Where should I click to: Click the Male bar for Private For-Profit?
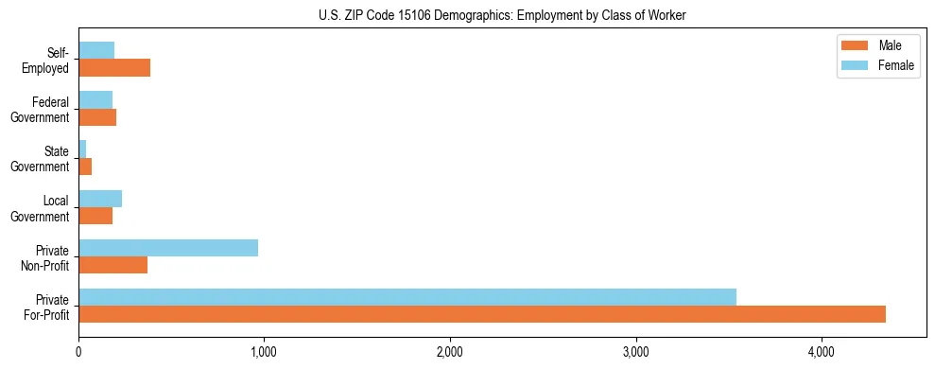coord(482,314)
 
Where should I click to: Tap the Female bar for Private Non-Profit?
coord(168,248)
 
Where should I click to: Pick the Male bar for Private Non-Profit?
coord(113,265)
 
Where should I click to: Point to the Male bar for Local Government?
coord(95,216)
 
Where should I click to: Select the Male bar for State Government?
coord(85,167)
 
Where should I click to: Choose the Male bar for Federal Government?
coord(97,117)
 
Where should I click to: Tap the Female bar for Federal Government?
coord(95,100)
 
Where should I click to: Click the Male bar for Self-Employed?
coord(114,68)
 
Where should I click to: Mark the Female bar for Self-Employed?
coord(96,51)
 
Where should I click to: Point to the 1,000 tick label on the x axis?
coord(264,352)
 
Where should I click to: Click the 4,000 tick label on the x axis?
coord(822,352)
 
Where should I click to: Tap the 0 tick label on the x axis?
coord(78,352)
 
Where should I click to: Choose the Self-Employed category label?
coord(46,60)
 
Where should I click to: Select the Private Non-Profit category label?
coord(46,256)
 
